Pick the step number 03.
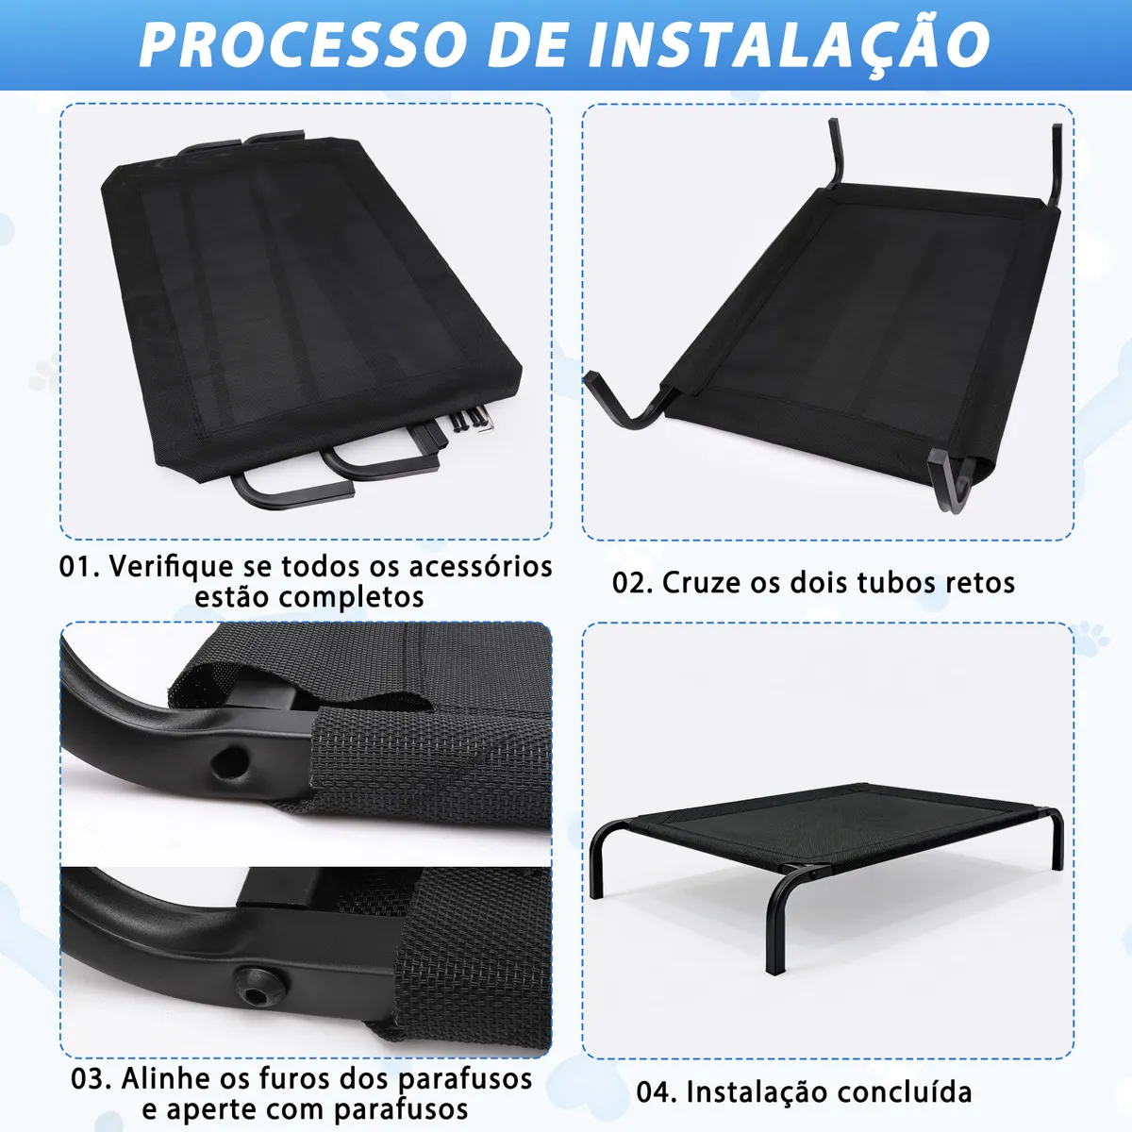click(92, 1078)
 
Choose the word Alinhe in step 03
click(166, 1078)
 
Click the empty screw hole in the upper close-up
click(231, 760)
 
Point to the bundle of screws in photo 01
click(470, 422)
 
